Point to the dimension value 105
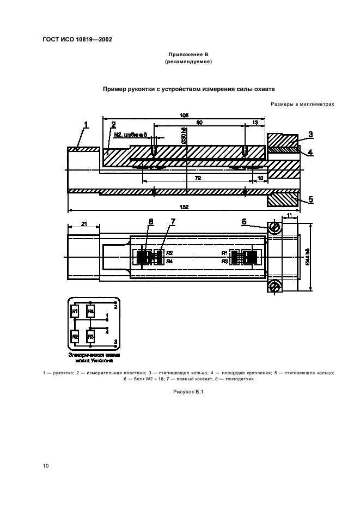pyautogui.click(x=184, y=116)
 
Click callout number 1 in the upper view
pyautogui.click(x=86, y=126)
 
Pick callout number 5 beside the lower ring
pyautogui.click(x=311, y=199)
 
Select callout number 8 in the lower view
pyautogui.click(x=151, y=221)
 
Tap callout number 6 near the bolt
pyautogui.click(x=245, y=221)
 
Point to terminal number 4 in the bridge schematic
pyautogui.click(x=107, y=331)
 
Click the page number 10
pyautogui.click(x=46, y=465)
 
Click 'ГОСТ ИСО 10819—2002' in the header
pyautogui.click(x=77, y=39)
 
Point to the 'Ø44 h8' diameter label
pyautogui.click(x=308, y=257)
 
